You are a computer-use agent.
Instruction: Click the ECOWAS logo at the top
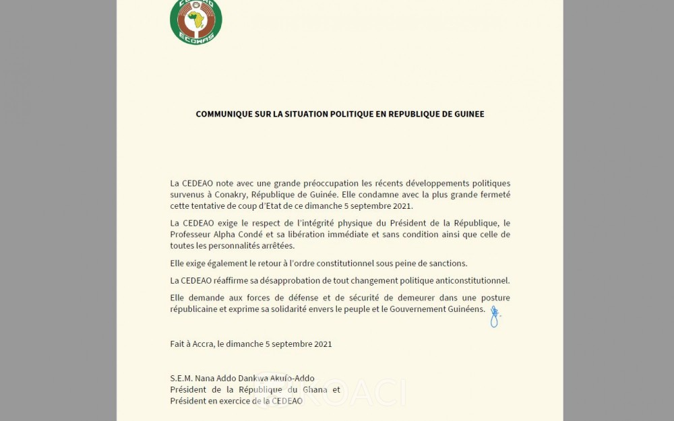pyautogui.click(x=195, y=22)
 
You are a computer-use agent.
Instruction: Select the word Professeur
pyautogui.click(x=192, y=234)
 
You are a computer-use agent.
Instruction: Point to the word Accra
pyautogui.click(x=203, y=344)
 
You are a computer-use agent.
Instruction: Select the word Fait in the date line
pyautogui.click(x=178, y=344)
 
